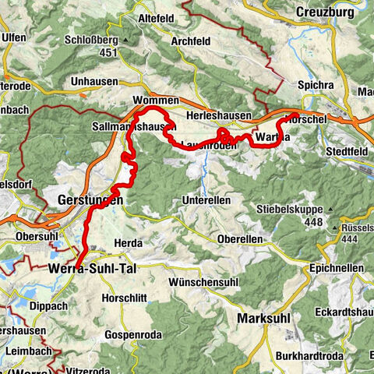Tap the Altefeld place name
point(160,16)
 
